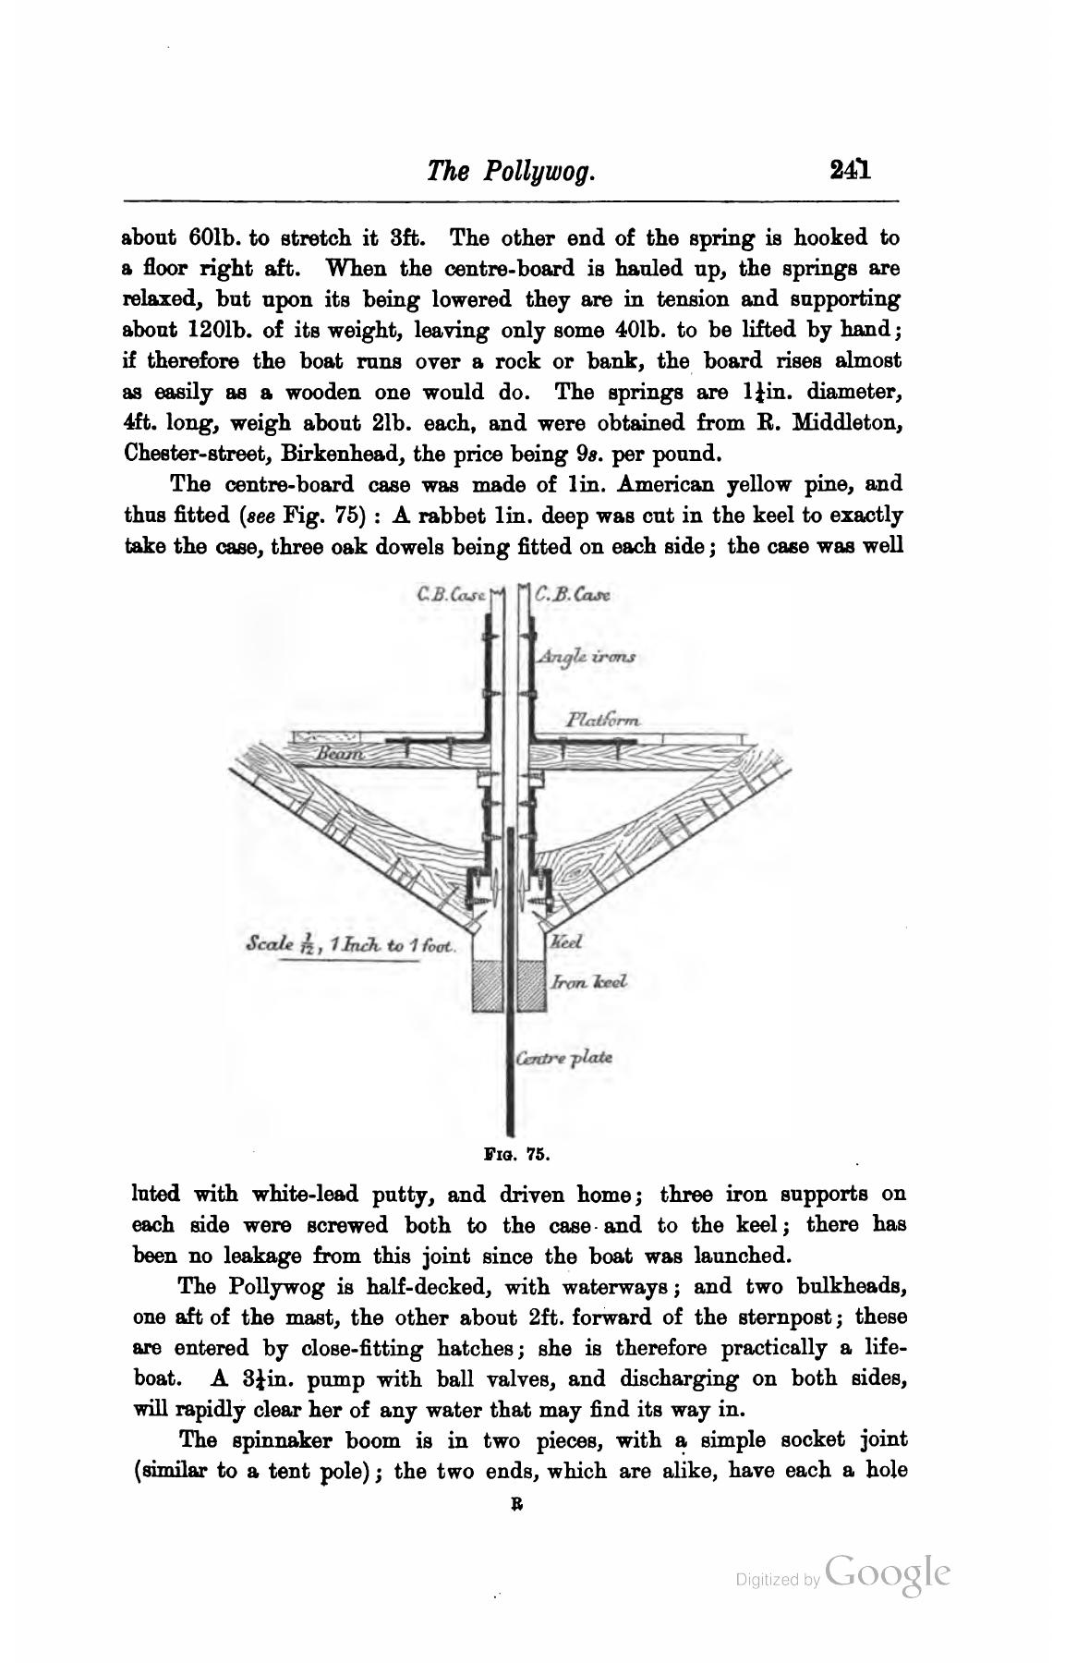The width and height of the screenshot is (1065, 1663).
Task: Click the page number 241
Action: (851, 170)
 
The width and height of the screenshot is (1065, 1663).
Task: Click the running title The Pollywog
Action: (509, 171)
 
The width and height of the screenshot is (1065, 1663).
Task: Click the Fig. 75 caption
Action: (517, 1154)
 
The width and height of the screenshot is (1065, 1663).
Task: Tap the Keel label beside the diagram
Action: (564, 943)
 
